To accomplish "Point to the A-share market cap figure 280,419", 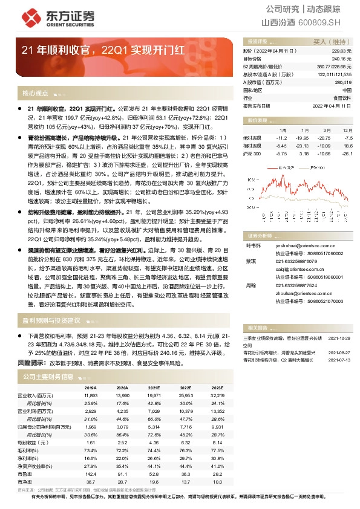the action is click(342, 82).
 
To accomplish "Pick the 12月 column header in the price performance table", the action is click(345, 130).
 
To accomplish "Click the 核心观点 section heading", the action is click(34, 94).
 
